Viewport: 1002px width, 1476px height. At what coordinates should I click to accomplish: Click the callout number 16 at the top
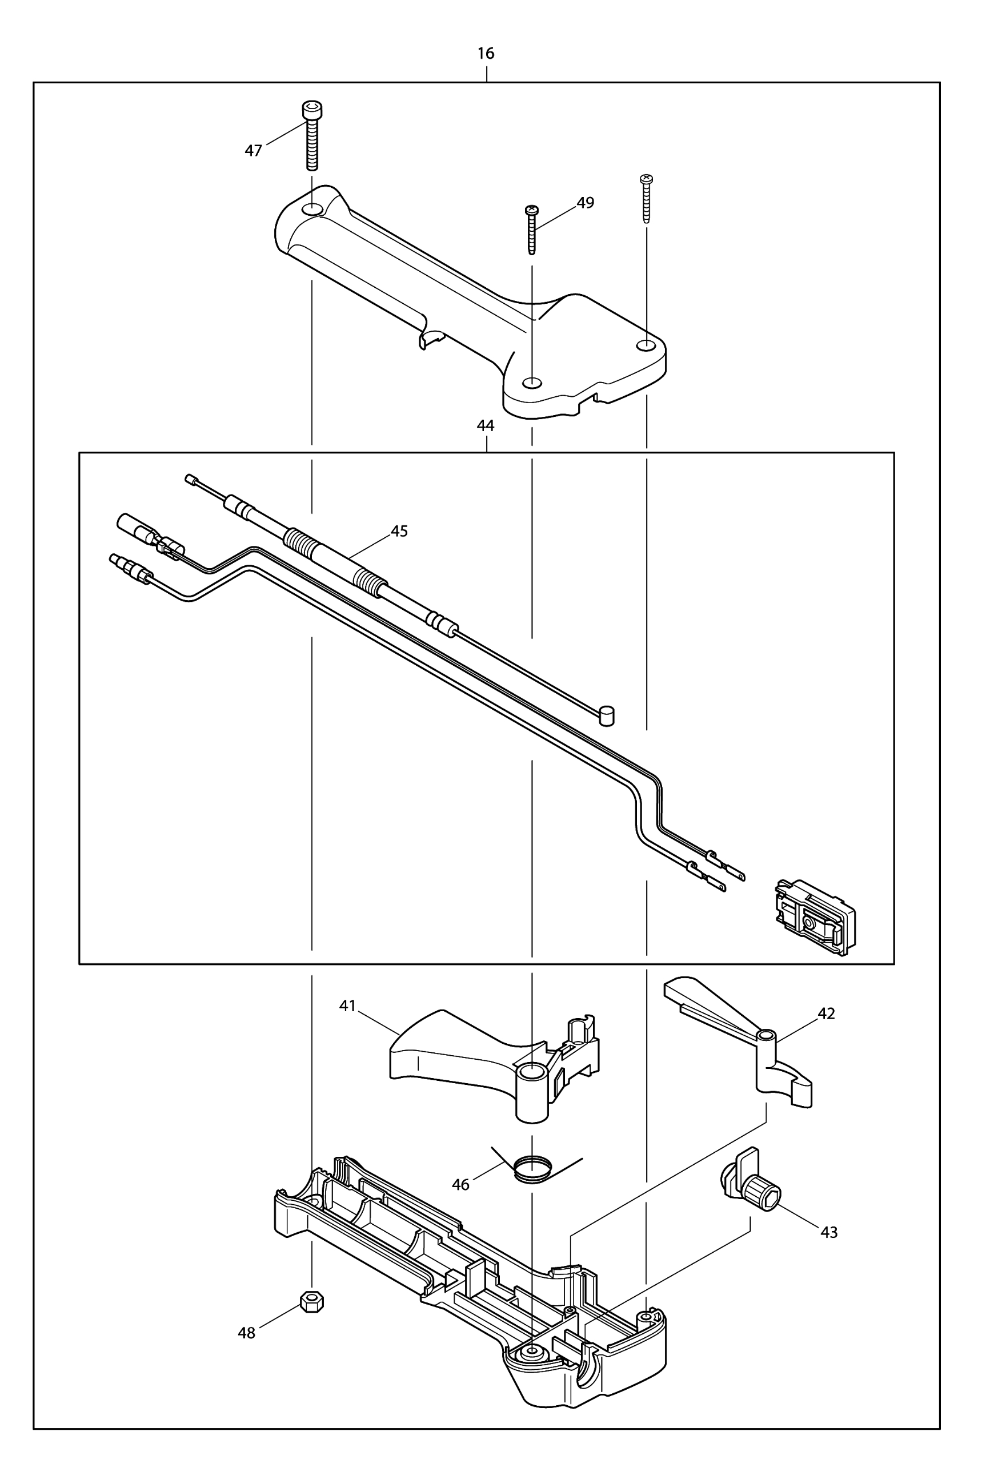(x=486, y=53)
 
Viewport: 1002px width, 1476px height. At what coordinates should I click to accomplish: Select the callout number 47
(x=254, y=151)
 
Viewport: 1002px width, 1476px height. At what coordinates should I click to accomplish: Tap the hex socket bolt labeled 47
(x=311, y=136)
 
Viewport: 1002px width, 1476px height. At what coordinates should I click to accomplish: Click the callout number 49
(x=585, y=203)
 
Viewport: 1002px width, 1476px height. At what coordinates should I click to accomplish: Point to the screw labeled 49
(x=532, y=230)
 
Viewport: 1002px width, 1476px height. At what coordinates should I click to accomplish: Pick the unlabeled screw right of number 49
(x=646, y=198)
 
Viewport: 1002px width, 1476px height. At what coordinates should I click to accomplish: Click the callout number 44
(x=486, y=425)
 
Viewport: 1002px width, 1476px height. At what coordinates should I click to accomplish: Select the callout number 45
(x=399, y=531)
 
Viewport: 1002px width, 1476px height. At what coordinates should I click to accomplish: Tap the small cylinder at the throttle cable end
(x=607, y=715)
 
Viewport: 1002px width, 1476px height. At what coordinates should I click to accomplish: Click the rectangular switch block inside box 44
(x=815, y=915)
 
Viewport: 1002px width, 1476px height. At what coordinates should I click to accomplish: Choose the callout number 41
(x=347, y=1006)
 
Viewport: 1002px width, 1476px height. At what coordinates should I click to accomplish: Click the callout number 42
(x=826, y=1014)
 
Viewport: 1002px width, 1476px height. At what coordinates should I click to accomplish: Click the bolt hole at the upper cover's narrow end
(x=312, y=210)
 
